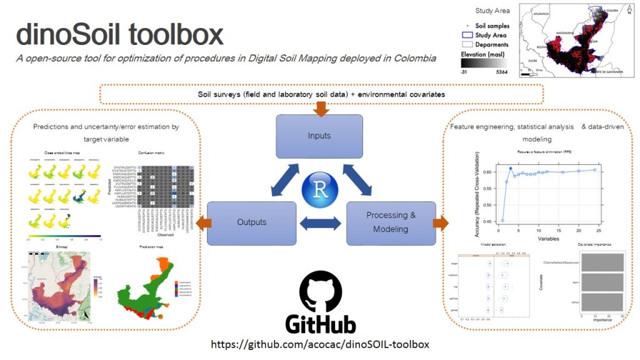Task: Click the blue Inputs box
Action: coord(319,136)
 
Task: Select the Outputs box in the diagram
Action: coord(252,222)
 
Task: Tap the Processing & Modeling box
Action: coord(391,222)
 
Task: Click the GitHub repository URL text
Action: coord(320,344)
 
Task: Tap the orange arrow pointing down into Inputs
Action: coord(321,110)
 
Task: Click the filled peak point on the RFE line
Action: coord(511,168)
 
